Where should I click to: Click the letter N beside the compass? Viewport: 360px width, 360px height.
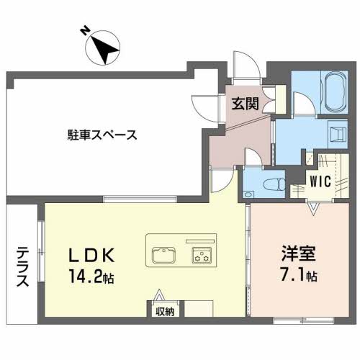[x=85, y=31]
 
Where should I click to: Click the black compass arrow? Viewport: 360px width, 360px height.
[x=105, y=50]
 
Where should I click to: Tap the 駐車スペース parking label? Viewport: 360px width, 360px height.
[x=102, y=135]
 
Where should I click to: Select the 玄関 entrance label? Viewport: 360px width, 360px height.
[x=245, y=104]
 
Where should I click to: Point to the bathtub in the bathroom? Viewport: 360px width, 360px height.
[x=335, y=91]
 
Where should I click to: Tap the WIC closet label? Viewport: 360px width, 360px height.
[x=320, y=181]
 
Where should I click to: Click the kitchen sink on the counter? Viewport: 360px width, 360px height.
[x=164, y=255]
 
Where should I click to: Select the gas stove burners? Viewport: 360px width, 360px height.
[x=202, y=255]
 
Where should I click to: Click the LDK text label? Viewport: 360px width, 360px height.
[x=91, y=255]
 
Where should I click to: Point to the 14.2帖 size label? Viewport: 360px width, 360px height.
[x=91, y=276]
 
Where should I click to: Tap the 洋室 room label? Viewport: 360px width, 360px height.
[x=298, y=253]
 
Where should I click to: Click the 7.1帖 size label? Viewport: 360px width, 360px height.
[x=299, y=275]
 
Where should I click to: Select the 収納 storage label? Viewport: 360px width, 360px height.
[x=165, y=312]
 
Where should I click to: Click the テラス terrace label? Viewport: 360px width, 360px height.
[x=23, y=267]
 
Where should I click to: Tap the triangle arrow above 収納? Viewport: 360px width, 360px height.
[x=158, y=295]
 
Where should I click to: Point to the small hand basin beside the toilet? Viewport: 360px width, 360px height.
[x=248, y=194]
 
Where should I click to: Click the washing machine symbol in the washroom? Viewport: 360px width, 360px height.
[x=338, y=134]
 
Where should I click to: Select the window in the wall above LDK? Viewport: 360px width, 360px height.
[x=140, y=199]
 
